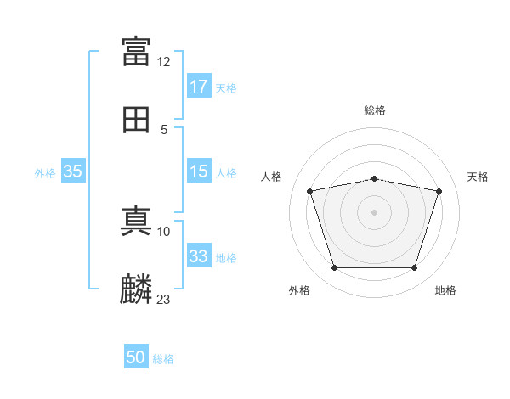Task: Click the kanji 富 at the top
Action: (x=136, y=51)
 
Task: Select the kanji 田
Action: (x=136, y=120)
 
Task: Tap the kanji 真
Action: (x=136, y=220)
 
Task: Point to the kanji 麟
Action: (x=136, y=289)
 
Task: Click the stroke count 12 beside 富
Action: (x=164, y=62)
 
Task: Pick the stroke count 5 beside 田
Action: (x=164, y=130)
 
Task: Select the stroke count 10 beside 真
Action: (x=164, y=231)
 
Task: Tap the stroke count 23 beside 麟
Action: (x=164, y=299)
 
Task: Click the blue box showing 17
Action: (x=199, y=87)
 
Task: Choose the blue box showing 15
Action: (x=199, y=171)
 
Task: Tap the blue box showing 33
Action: (x=199, y=256)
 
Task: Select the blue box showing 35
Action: (x=73, y=171)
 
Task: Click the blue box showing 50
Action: (x=136, y=357)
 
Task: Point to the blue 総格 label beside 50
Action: (x=163, y=359)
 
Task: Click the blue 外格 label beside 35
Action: (x=45, y=173)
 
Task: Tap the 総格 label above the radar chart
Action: (x=375, y=110)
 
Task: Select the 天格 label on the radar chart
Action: (x=478, y=177)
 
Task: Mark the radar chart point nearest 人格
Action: (x=310, y=191)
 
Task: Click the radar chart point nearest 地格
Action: (x=414, y=268)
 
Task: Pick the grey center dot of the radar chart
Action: (x=375, y=212)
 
